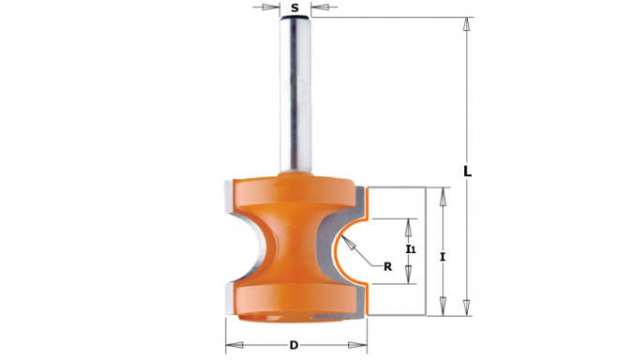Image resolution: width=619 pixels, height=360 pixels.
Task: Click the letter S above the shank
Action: (294, 7)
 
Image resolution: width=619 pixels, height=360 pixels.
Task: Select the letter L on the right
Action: (467, 172)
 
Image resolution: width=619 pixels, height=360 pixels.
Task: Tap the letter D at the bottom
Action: (294, 345)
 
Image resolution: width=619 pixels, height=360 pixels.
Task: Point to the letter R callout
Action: (388, 267)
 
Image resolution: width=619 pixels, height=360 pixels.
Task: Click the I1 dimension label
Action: (411, 248)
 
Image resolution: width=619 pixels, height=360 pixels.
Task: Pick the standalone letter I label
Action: (443, 258)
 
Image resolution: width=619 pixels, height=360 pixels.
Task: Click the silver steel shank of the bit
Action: (295, 95)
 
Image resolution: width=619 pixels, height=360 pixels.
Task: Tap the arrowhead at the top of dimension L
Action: (467, 24)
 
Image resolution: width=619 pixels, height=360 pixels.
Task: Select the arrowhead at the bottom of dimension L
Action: (467, 307)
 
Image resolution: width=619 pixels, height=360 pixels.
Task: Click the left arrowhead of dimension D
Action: (234, 345)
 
